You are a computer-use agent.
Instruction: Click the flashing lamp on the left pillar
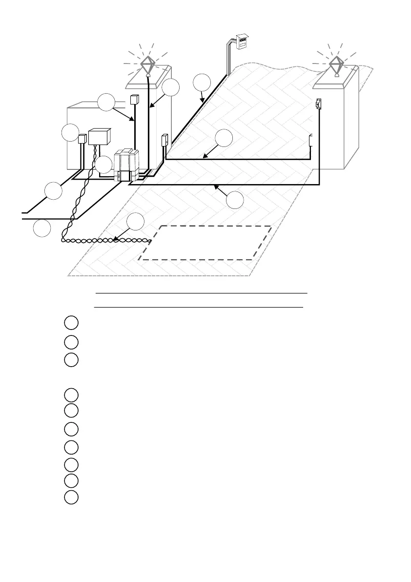[x=147, y=65]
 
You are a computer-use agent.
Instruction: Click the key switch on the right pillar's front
[x=318, y=104]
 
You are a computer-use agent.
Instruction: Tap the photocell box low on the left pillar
[x=164, y=140]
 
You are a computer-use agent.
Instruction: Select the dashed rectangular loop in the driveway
[x=205, y=243]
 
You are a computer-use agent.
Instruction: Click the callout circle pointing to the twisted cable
[x=135, y=222]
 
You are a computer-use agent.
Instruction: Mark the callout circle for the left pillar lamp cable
[x=171, y=87]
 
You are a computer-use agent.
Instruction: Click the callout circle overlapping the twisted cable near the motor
[x=103, y=165]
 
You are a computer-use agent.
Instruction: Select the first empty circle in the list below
[x=71, y=323]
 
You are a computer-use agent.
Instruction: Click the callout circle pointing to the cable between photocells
[x=224, y=138]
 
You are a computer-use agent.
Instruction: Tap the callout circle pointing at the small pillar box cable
[x=106, y=103]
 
